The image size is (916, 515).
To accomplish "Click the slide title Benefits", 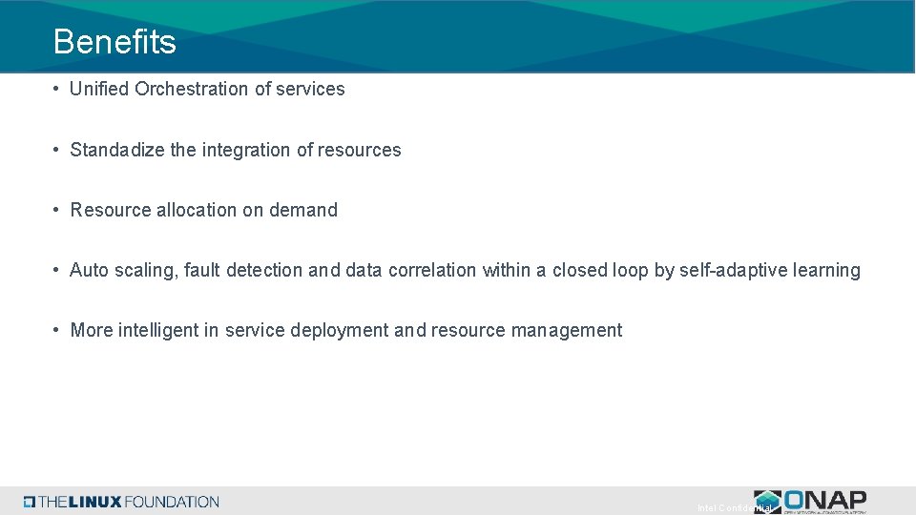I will point(114,42).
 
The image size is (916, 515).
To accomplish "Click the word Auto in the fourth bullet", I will point(90,270).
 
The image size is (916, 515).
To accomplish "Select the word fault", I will point(201,270).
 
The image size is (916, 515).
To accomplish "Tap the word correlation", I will point(431,270).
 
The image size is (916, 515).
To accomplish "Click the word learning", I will point(826,270).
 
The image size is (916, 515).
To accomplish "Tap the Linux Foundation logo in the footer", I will point(122,502).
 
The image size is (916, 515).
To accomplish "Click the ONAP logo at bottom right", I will point(811,501).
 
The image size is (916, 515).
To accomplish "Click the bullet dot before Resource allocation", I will point(58,210).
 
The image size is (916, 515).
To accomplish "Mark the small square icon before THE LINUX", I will point(30,502).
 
